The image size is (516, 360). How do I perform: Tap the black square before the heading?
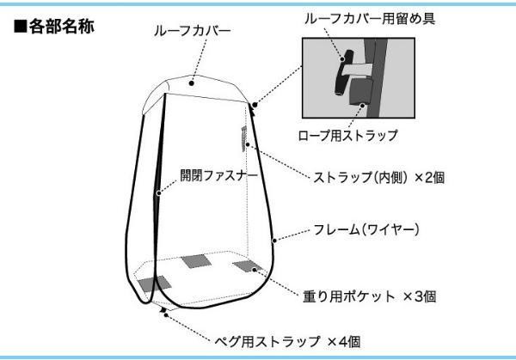20,27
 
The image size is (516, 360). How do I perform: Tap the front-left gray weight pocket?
154,284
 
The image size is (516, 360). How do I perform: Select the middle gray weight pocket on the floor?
196,260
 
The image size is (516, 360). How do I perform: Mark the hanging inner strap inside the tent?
244,137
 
